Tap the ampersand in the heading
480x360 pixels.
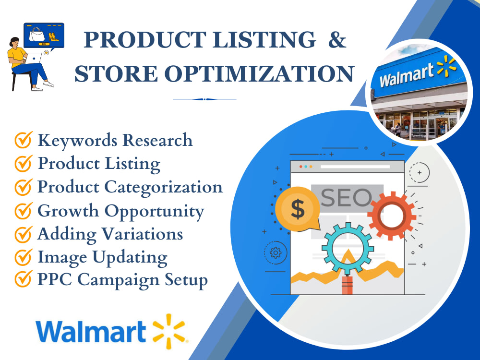tap(336, 40)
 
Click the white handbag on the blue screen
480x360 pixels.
tap(37, 35)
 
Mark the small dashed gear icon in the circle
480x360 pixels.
tap(276, 253)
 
